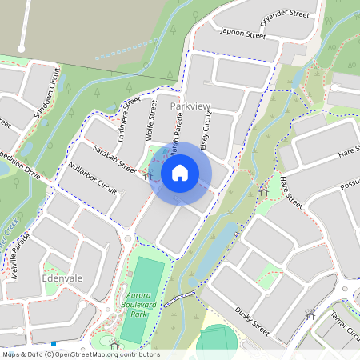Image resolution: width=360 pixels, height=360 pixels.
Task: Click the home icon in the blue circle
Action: coord(180,173)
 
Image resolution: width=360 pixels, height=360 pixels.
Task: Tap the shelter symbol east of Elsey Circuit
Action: coord(264,190)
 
